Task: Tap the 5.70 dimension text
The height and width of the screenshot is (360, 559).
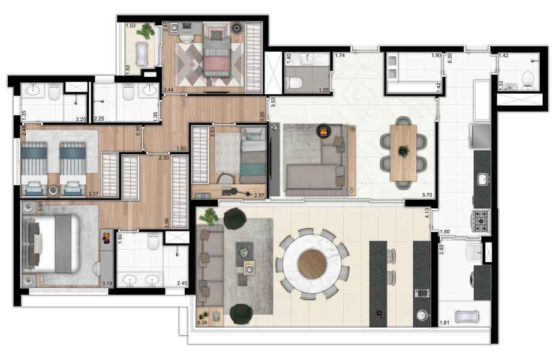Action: [428, 194]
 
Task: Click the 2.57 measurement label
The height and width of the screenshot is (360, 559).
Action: [259, 195]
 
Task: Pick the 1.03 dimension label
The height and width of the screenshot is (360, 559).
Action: [131, 25]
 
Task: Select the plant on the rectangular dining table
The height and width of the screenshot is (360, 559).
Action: [404, 151]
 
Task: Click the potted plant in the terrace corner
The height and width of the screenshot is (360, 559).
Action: [210, 217]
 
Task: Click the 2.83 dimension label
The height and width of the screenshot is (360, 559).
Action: [442, 250]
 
